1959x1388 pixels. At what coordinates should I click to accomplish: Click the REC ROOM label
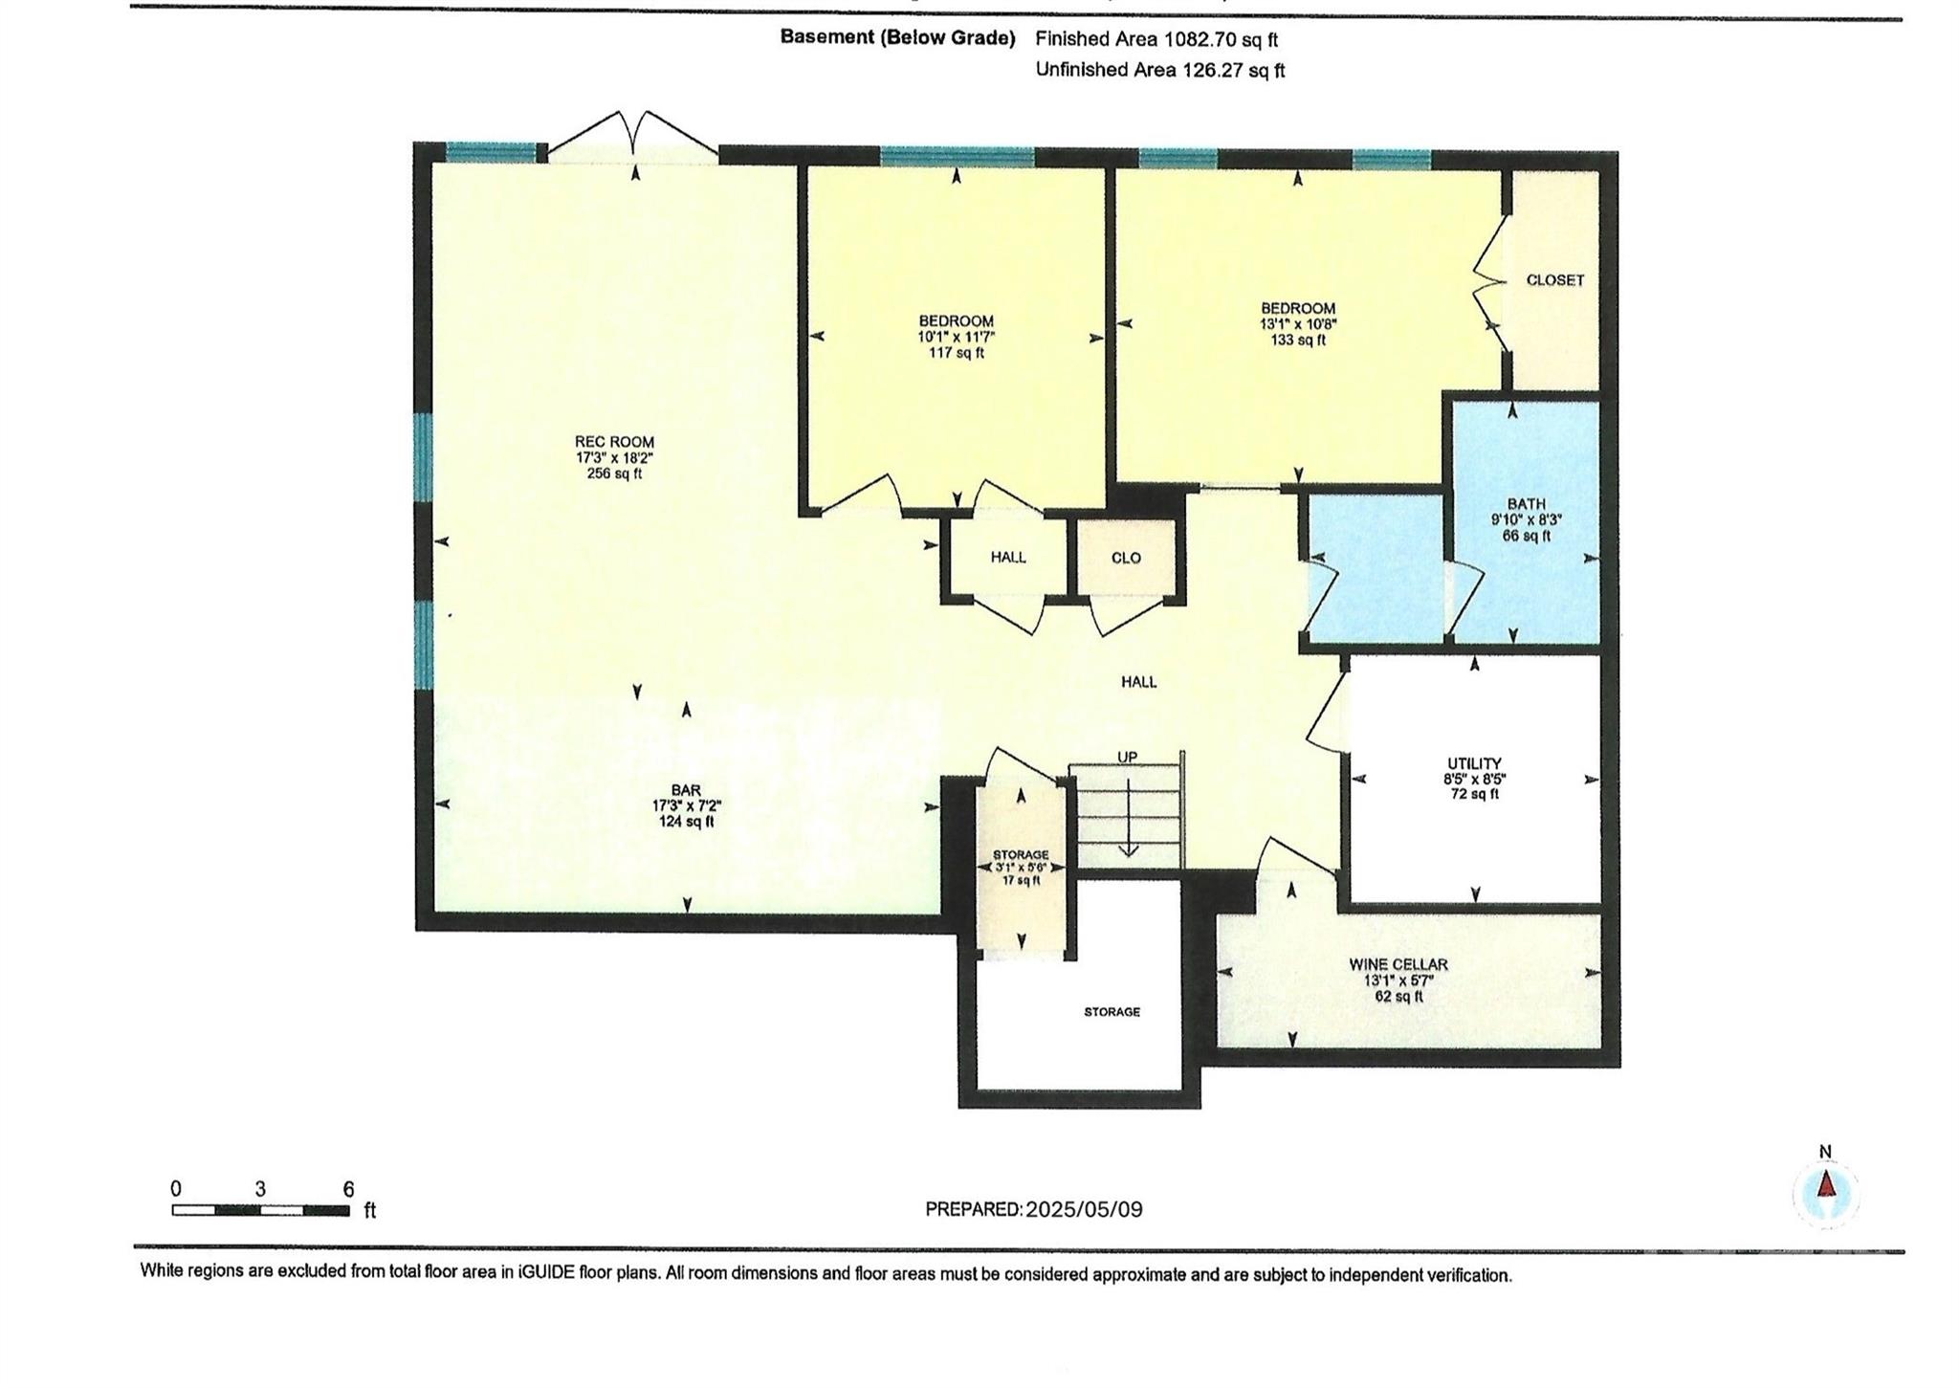[614, 442]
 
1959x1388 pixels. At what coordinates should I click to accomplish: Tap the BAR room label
[686, 790]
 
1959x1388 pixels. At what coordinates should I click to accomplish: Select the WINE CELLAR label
[1398, 964]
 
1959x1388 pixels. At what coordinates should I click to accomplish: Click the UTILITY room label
[1474, 763]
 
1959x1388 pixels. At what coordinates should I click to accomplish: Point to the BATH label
[1526, 504]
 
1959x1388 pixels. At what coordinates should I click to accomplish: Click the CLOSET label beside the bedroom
[1555, 280]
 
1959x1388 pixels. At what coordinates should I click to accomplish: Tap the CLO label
[1126, 558]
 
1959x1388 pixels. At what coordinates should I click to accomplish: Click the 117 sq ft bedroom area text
[957, 353]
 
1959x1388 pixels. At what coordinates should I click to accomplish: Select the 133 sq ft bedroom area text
[1298, 340]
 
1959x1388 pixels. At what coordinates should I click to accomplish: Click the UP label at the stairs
[1128, 758]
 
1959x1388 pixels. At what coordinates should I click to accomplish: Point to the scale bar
[260, 1210]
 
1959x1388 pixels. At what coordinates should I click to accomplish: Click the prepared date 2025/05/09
[1084, 1209]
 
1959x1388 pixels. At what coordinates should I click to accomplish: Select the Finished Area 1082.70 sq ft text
[1156, 39]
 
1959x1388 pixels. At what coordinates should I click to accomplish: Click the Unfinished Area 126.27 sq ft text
[1160, 70]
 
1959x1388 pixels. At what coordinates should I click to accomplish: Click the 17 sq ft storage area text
[1021, 880]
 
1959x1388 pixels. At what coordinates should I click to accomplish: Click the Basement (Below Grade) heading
[897, 37]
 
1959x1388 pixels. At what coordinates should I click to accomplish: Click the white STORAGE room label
[1112, 1011]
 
